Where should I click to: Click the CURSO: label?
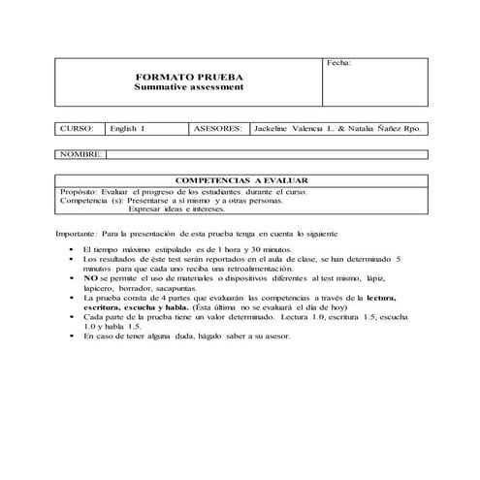point(77,127)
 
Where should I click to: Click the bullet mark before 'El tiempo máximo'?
point(74,249)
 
